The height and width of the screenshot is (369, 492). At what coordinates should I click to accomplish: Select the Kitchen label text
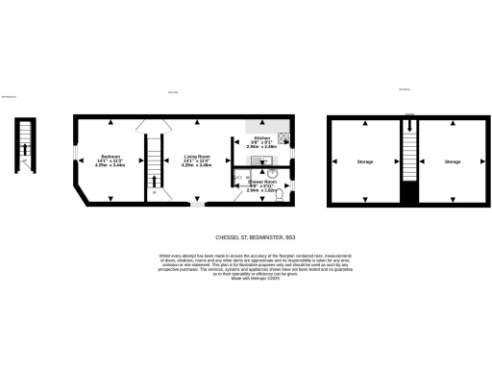click(260, 138)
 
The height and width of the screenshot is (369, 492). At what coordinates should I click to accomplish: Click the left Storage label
click(365, 160)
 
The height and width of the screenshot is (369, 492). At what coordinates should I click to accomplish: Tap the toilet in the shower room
click(287, 191)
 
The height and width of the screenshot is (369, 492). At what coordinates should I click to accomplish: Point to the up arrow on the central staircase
click(153, 181)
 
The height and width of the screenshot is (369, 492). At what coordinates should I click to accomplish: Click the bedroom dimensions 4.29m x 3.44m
click(111, 166)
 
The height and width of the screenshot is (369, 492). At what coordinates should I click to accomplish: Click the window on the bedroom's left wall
click(75, 157)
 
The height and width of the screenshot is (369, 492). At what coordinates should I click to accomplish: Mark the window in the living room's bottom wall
click(196, 205)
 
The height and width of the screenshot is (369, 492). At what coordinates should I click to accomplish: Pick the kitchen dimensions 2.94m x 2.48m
click(261, 149)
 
